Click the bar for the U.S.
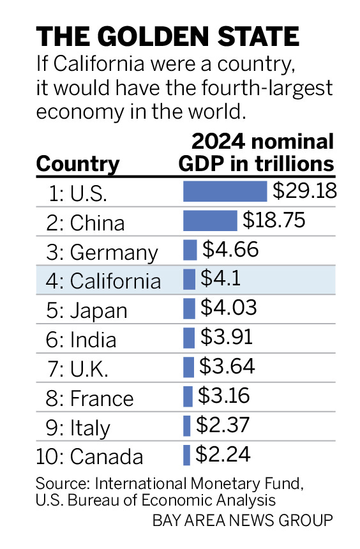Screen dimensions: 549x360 pyautogui.click(x=225, y=192)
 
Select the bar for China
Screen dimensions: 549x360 pyautogui.click(x=210, y=221)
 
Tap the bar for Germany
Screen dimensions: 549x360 pyautogui.click(x=190, y=250)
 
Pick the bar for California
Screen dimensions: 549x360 pyautogui.click(x=189, y=280)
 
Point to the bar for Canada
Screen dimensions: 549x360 pyautogui.click(x=186, y=455)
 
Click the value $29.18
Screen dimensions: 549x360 pyautogui.click(x=304, y=191)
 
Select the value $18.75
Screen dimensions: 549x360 pyautogui.click(x=274, y=220)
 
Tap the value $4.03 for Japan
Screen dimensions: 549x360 pyautogui.click(x=229, y=308)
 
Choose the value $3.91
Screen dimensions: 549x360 pyautogui.click(x=227, y=338)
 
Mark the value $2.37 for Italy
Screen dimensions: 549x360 pyautogui.click(x=223, y=425)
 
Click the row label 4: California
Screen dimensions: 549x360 pyautogui.click(x=105, y=281)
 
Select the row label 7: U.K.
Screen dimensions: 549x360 pyautogui.click(x=79, y=369)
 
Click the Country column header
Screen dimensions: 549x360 pyautogui.click(x=78, y=164)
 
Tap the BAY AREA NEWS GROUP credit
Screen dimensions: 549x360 pyautogui.click(x=243, y=520)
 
